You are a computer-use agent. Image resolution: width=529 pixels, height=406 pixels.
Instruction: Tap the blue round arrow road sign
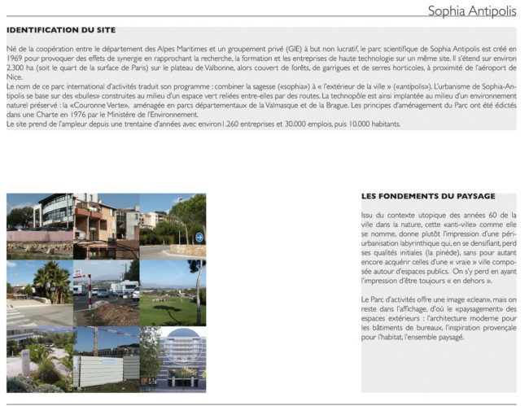(x=199, y=238)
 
